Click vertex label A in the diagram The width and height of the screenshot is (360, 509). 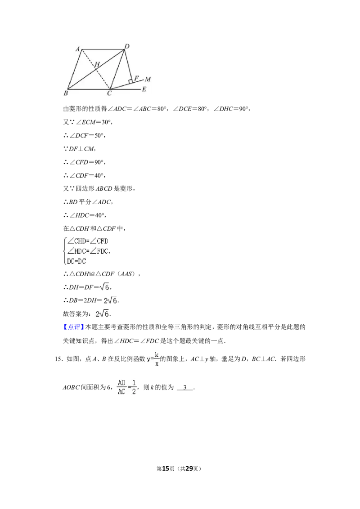point(78,49)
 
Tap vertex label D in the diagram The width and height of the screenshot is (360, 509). point(127,46)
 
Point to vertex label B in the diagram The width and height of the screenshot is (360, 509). point(66,93)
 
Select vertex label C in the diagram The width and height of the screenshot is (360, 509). point(109,94)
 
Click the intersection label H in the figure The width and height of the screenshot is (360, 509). point(97,64)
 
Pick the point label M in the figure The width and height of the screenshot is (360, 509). point(148,79)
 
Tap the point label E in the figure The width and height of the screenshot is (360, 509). point(144,89)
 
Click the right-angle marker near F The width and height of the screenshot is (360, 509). point(130,81)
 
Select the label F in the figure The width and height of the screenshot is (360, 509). point(136,78)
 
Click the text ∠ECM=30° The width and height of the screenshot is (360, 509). point(93,122)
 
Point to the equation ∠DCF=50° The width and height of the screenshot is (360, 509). point(87,135)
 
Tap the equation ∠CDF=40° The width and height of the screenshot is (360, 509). point(87,175)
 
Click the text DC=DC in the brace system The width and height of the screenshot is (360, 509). point(76,261)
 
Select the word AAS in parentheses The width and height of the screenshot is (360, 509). point(126,274)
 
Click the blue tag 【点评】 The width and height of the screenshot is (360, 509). point(73,327)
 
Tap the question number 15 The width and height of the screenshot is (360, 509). point(58,359)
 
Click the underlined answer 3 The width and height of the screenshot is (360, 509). point(185,387)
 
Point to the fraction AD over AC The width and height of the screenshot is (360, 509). point(121,387)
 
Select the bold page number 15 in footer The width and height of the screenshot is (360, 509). point(166,469)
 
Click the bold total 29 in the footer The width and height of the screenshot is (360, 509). point(189,469)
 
